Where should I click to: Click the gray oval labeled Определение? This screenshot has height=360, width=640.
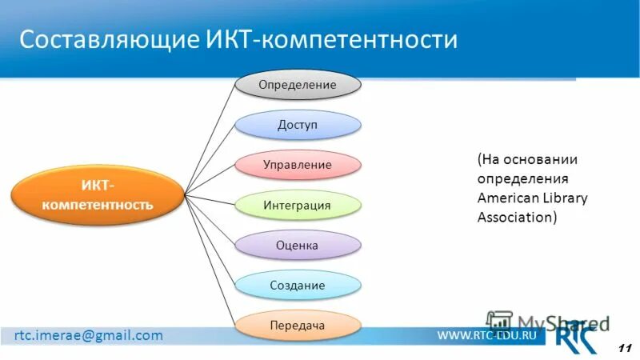click(298, 84)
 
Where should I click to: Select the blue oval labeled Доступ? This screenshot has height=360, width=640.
click(298, 125)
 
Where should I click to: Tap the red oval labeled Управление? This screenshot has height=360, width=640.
click(298, 165)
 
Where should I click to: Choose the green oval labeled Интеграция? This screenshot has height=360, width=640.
click(298, 205)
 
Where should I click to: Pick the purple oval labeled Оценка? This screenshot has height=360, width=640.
click(298, 246)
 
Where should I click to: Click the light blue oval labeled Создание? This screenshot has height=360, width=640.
click(298, 285)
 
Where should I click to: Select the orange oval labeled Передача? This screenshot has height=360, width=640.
click(298, 326)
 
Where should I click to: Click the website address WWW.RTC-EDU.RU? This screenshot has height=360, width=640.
click(486, 336)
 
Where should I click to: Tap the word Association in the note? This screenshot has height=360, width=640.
click(513, 216)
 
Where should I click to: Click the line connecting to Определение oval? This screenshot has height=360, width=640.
click(210, 137)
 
